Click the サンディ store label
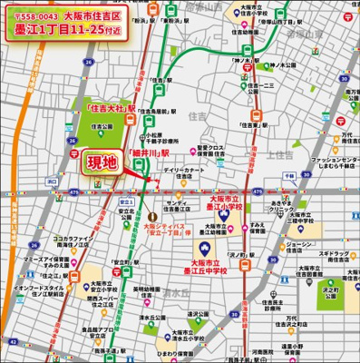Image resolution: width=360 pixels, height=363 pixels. coord(175,201)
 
